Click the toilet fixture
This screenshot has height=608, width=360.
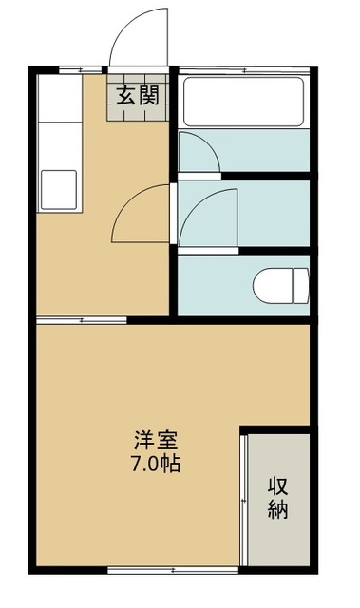tap(283, 283)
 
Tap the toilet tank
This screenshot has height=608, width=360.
tap(301, 283)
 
